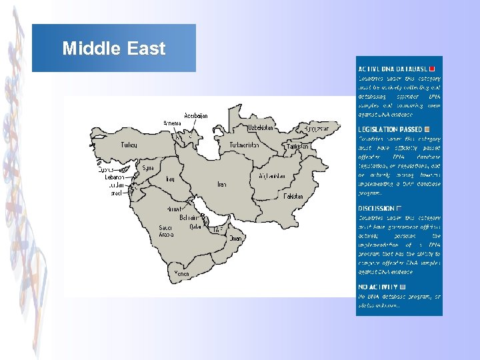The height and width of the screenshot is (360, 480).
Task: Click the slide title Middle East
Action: coord(113,49)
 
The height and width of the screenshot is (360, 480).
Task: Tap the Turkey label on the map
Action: coord(129,145)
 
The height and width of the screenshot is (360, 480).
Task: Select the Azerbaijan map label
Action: coord(196,115)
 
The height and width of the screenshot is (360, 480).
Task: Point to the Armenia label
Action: coord(172,123)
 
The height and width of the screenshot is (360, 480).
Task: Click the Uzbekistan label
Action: coord(260,127)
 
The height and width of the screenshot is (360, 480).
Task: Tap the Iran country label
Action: coord(222,184)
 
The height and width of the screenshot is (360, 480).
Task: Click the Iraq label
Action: coord(170,179)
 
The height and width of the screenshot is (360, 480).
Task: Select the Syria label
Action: coord(147,167)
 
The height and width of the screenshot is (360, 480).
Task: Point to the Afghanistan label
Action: coord(272,177)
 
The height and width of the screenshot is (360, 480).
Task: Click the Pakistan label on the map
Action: coord(293,197)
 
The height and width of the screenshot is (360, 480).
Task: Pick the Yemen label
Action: coord(182,273)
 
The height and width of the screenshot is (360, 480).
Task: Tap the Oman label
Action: coord(235,238)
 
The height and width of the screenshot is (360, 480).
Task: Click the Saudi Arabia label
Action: coord(166,231)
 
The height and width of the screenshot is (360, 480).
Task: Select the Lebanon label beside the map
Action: coord(115,177)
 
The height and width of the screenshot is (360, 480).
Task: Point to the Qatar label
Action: coord(195,226)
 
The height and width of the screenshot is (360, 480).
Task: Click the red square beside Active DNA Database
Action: coord(432,69)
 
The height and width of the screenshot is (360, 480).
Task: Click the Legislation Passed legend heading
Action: coord(391,129)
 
